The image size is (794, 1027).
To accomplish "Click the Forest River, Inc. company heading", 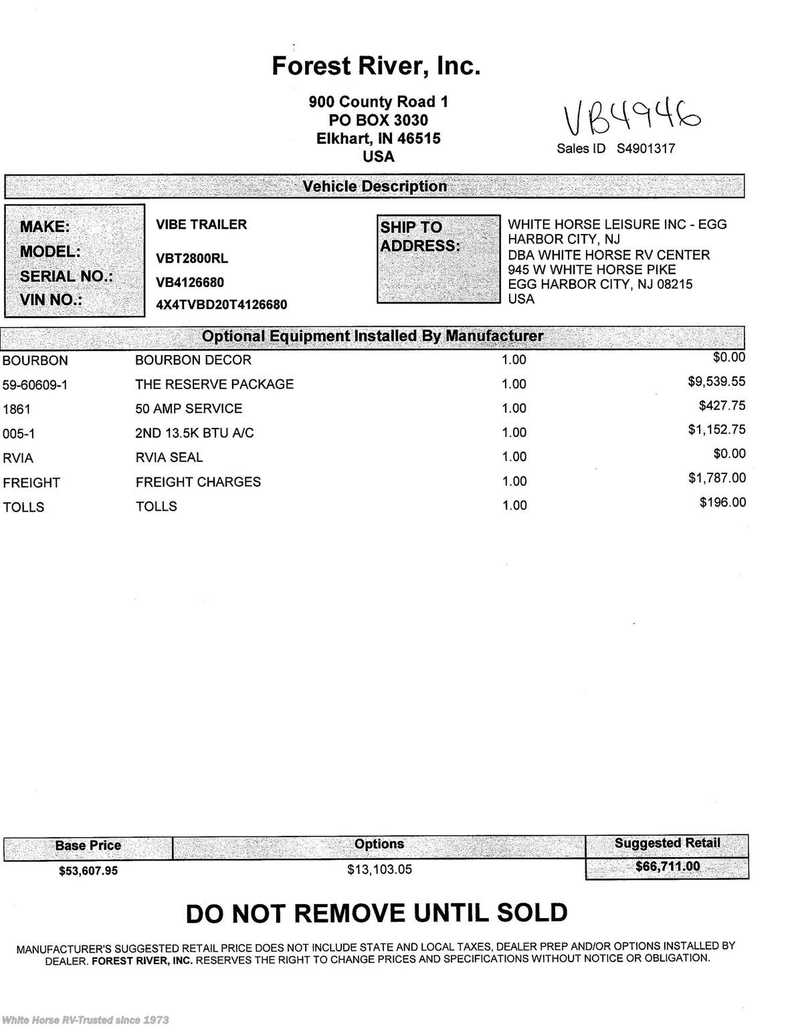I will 376,66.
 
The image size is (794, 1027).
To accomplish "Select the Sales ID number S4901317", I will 646,148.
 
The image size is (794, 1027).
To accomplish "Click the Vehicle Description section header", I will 375,187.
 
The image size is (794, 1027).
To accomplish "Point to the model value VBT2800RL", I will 192,259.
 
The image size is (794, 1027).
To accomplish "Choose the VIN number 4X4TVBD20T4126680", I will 221,305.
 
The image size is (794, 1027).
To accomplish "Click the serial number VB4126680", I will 190,282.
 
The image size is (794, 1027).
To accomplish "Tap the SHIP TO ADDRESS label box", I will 438,259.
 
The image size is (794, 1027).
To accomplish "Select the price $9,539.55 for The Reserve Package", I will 716,382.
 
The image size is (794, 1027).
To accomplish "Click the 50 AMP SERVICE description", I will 189,409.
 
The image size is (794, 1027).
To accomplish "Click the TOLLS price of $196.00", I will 722,502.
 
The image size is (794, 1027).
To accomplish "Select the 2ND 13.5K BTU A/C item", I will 195,433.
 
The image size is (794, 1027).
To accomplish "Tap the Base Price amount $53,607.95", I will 88,871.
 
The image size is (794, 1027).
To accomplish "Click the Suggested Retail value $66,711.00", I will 667,867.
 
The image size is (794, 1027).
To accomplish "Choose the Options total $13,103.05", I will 379,869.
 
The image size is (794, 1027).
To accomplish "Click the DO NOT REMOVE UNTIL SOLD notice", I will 377,913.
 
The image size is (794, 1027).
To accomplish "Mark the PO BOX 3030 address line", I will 378,120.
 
